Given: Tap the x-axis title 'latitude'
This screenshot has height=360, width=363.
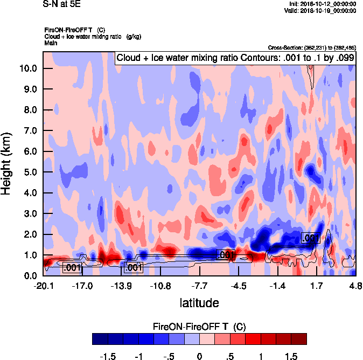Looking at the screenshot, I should (199, 303).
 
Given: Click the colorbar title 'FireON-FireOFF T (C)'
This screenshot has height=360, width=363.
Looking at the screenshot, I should (199, 327).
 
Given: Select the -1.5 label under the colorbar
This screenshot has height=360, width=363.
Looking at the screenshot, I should (109, 357).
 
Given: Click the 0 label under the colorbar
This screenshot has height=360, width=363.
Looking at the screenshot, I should (199, 357).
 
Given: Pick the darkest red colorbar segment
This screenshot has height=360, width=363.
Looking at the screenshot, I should (299, 339).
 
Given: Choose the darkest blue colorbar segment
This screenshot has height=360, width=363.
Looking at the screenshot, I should (100, 339).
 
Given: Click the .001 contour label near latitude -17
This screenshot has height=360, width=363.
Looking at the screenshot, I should (72, 267).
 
